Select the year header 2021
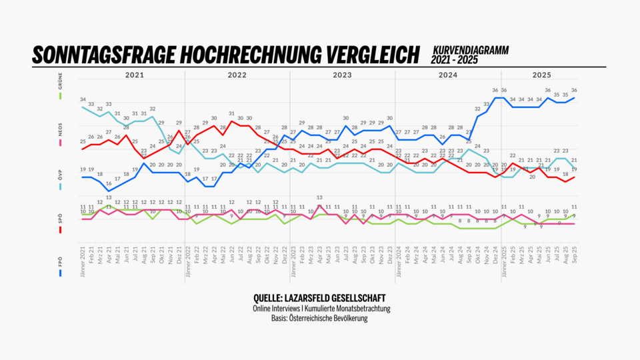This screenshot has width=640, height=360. coord(134,75)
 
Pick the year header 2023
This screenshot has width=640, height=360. coord(343,75)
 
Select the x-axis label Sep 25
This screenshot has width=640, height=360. coord(574,257)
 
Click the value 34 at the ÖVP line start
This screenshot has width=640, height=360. coord(83,99)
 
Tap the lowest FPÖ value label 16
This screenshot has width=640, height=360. coord(109,183)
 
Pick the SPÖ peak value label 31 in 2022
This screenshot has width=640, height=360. coord(231,113)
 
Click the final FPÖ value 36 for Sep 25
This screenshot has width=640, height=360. coord(574,90)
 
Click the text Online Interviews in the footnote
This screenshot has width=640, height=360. coord(277,309)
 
